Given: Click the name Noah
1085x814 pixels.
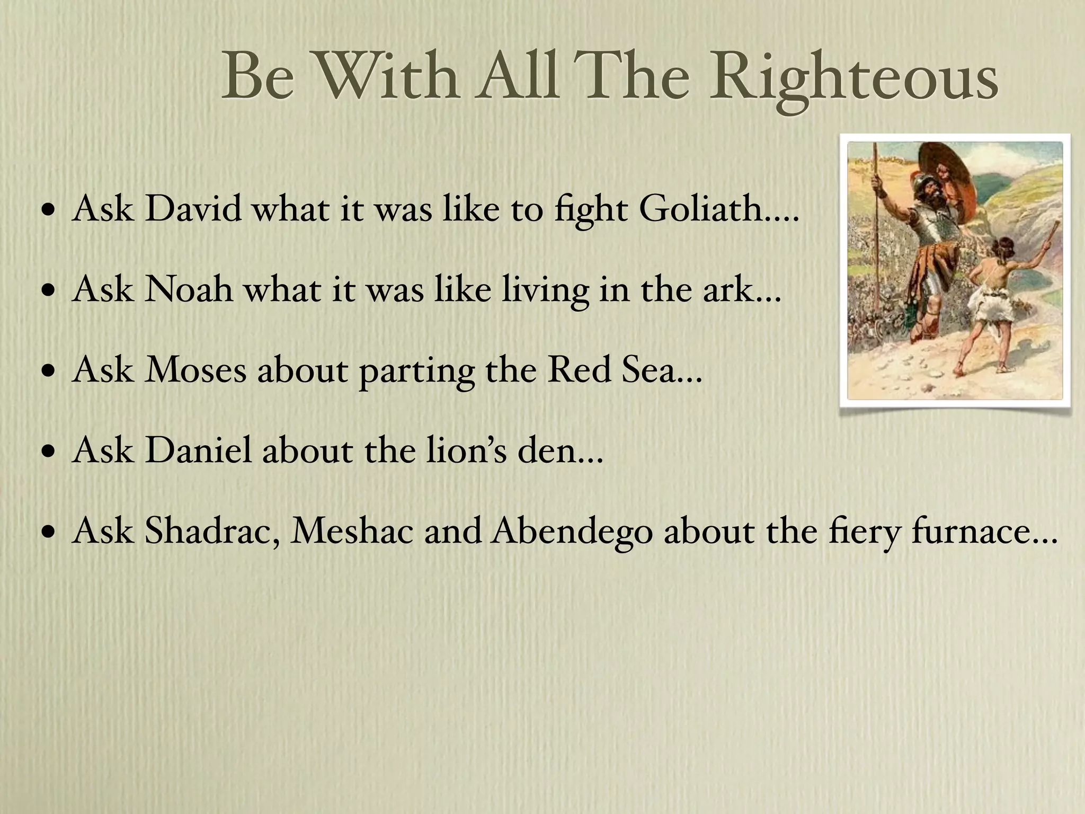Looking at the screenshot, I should tap(189, 289).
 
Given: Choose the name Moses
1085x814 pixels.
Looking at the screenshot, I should tap(196, 369).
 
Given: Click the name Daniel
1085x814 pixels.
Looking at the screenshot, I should tap(198, 450).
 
